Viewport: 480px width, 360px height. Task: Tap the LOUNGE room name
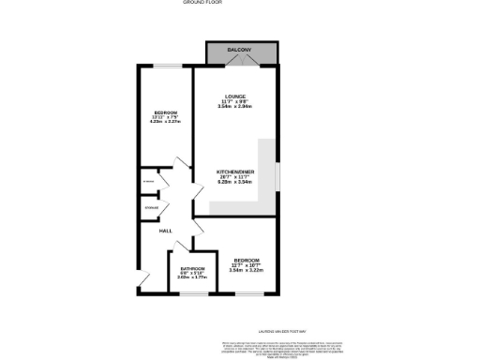[232, 100]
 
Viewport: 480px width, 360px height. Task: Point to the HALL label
[165, 231]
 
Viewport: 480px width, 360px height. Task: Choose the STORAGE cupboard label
[150, 206]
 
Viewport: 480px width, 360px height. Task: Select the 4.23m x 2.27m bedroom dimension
[165, 123]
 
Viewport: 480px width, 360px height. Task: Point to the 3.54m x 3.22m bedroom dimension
[247, 271]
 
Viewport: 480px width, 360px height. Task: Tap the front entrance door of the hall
[143, 278]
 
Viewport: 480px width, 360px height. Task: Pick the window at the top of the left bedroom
[168, 66]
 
